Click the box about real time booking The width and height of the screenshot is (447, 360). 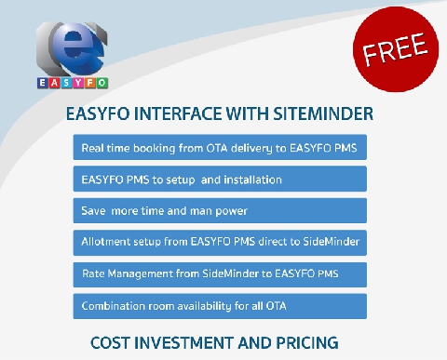(x=220, y=148)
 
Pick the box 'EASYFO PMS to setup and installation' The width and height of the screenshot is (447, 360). (x=220, y=179)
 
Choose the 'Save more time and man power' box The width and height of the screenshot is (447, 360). (x=220, y=210)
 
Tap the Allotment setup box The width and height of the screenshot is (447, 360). (x=220, y=242)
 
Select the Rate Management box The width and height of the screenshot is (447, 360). (x=220, y=273)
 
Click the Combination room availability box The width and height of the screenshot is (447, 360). (x=220, y=305)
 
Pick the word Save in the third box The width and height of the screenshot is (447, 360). (x=94, y=210)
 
